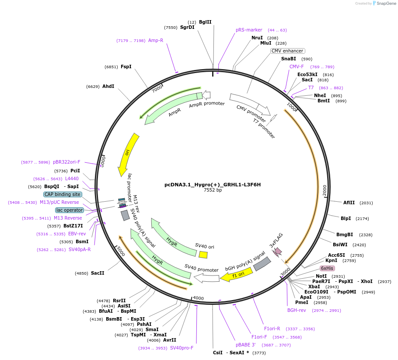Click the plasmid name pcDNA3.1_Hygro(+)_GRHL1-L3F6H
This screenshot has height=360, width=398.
click(213, 185)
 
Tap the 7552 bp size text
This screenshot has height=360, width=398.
click(213, 190)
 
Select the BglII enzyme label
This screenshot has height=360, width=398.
click(205, 22)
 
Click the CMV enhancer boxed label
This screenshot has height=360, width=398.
click(287, 51)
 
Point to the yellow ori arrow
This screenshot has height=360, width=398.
click(128, 154)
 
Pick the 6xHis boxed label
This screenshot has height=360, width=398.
click(327, 268)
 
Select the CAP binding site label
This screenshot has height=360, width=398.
click(63, 194)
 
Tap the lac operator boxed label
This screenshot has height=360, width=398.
click(69, 210)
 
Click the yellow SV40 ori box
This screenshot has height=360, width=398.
click(203, 255)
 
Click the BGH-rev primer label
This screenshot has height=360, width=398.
click(296, 310)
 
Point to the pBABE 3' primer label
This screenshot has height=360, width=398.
click(245, 345)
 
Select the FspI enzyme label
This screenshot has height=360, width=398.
click(126, 67)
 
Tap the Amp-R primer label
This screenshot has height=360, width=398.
click(156, 40)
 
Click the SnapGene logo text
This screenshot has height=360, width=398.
click(386, 3)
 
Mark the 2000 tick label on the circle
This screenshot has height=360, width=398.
click(325, 191)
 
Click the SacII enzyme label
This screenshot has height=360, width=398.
click(98, 273)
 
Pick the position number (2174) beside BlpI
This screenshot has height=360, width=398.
click(363, 218)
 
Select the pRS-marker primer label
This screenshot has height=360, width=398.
click(249, 30)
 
